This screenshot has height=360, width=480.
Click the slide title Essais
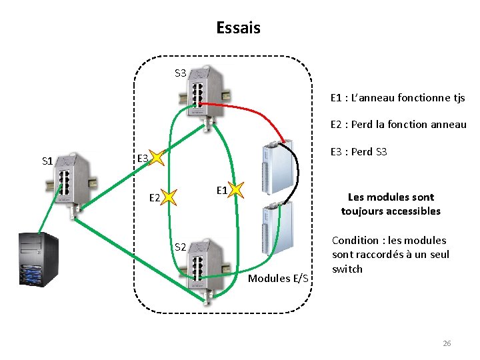(238, 28)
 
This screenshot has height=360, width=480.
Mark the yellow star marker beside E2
(169, 197)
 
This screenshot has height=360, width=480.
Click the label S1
(47, 161)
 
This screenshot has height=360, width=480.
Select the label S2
(181, 247)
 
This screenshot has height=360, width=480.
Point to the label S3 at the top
(181, 73)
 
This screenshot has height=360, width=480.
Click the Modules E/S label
(278, 278)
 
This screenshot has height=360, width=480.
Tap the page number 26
(447, 343)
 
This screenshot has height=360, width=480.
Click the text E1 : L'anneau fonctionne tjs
(397, 98)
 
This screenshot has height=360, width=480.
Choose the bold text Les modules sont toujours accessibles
(391, 204)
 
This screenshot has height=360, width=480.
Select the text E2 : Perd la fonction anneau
(398, 125)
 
